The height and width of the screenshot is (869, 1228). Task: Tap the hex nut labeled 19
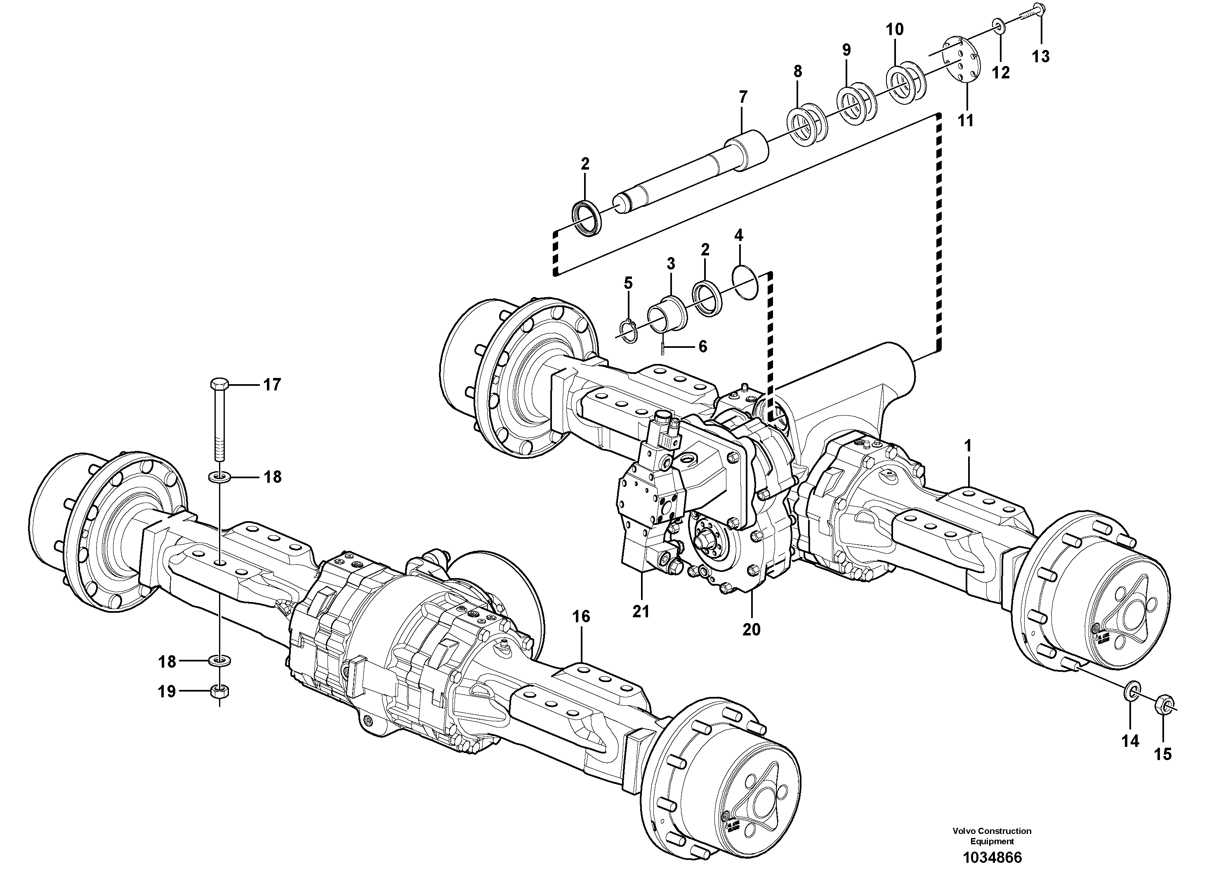pyautogui.click(x=220, y=691)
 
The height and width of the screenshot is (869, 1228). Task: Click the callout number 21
pyautogui.click(x=640, y=611)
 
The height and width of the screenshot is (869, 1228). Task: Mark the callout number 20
pyautogui.click(x=751, y=629)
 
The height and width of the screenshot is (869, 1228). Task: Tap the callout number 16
pyautogui.click(x=581, y=617)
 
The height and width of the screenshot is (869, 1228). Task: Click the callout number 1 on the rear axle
pyautogui.click(x=967, y=446)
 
